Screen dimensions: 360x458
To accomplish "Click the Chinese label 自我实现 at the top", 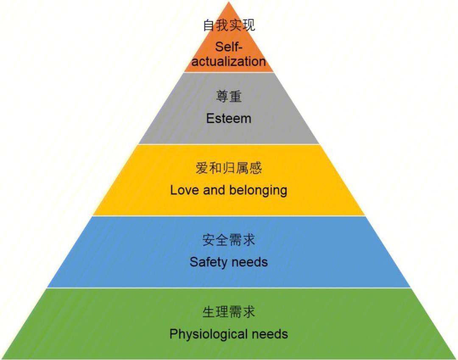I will [229, 25].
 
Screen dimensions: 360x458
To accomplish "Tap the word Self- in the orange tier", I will [229, 47].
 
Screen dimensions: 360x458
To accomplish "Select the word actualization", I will [229, 61].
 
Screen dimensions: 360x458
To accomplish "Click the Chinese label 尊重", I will [229, 97].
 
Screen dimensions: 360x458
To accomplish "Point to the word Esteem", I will [229, 118].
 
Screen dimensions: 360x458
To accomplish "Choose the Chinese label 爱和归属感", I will [229, 168].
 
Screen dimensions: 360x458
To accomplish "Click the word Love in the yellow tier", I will [185, 190].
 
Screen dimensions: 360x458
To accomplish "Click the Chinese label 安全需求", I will [229, 240].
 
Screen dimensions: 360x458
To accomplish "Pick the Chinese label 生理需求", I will [229, 312].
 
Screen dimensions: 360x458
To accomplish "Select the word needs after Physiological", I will [270, 334].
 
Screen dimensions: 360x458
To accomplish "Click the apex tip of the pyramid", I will [229, 3].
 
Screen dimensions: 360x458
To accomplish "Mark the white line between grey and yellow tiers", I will [229, 144].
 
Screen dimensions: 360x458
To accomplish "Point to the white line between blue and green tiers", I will [229, 288].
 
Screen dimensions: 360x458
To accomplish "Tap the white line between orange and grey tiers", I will [229, 72].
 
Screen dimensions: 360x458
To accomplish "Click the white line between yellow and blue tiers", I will [229, 216].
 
